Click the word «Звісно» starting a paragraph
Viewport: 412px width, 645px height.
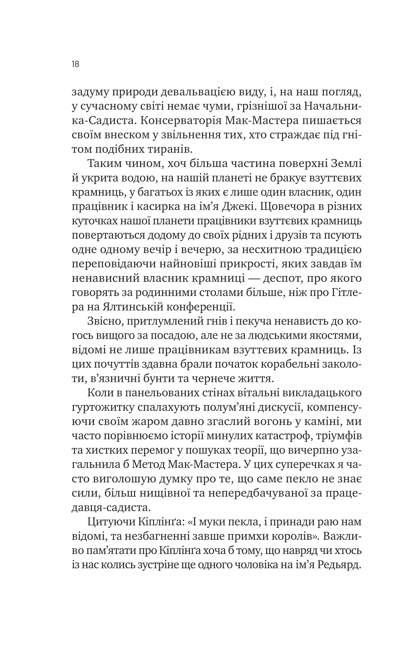click(103, 321)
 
